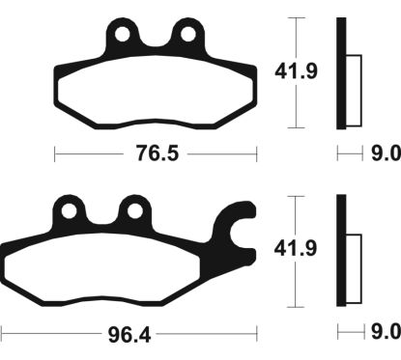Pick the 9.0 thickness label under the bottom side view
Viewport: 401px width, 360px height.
coord(383,333)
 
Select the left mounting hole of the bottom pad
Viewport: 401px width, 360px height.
coord(70,209)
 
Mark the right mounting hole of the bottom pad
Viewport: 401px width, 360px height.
coord(131,209)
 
